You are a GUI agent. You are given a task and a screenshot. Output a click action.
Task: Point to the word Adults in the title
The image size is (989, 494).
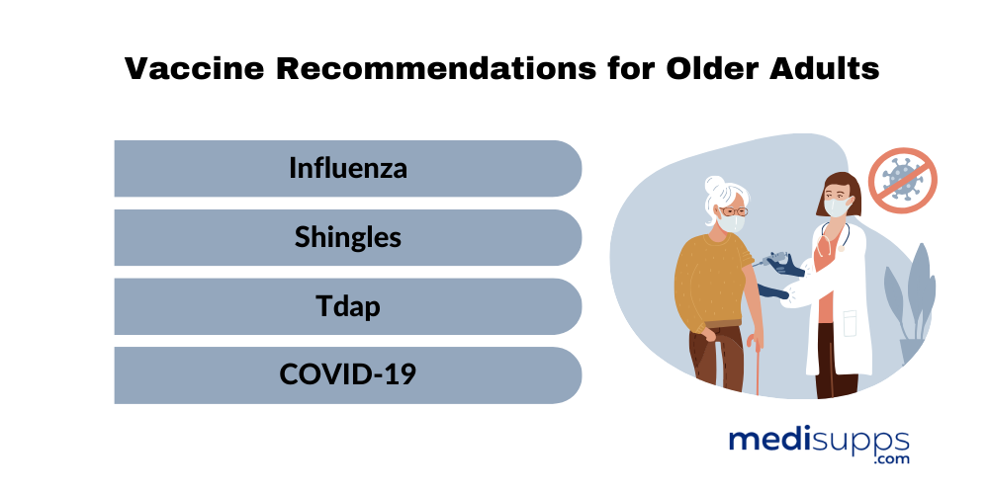[x=826, y=68]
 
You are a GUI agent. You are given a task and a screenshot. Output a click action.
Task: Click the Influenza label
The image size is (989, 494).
[x=348, y=168]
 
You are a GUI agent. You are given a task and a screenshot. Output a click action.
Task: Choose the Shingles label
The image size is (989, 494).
[x=348, y=238]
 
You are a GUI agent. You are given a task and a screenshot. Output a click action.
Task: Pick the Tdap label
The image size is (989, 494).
[x=348, y=307]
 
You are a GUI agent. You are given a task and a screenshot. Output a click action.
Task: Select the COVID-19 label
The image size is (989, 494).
[x=348, y=374]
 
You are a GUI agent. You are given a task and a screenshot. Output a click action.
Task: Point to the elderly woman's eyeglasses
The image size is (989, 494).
[x=734, y=211]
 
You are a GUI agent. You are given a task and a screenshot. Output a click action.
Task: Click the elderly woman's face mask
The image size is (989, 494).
[x=732, y=222]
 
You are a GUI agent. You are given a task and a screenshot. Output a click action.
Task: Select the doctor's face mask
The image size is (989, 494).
[x=837, y=207]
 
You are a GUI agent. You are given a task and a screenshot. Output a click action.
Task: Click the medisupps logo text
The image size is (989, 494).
[x=819, y=440]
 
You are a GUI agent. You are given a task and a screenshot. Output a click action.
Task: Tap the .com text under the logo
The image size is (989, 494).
[x=891, y=458]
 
